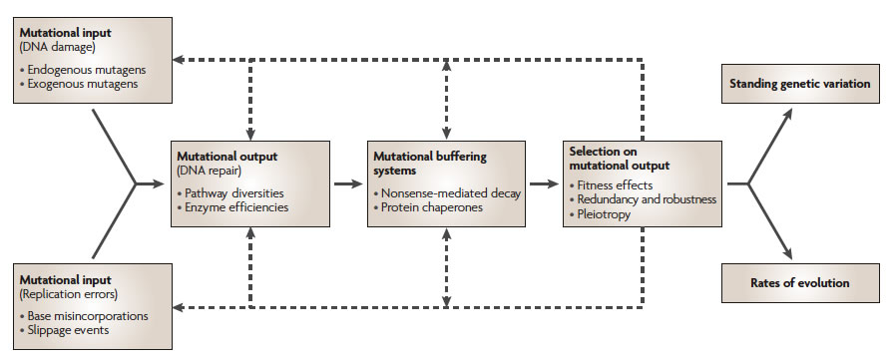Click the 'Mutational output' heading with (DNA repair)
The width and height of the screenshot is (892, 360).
[x=228, y=158]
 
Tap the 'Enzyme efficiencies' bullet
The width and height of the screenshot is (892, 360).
[x=232, y=207]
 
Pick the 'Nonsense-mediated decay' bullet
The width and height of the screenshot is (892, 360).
[x=447, y=192]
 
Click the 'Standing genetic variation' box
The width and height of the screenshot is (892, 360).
[x=796, y=85]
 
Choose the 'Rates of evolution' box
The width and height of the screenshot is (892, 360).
[x=796, y=283]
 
